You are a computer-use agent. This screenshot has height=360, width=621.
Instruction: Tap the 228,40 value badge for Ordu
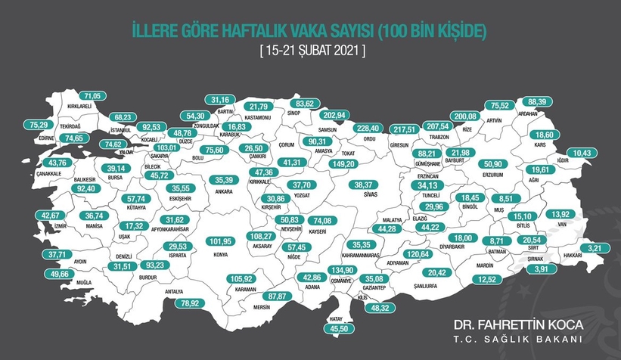click(x=371, y=128)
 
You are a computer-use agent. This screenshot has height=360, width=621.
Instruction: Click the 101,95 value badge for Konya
click(x=219, y=242)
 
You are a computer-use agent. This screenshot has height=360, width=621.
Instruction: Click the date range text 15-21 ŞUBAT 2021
click(x=310, y=52)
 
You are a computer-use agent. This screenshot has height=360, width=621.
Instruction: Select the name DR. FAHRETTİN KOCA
click(x=514, y=324)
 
